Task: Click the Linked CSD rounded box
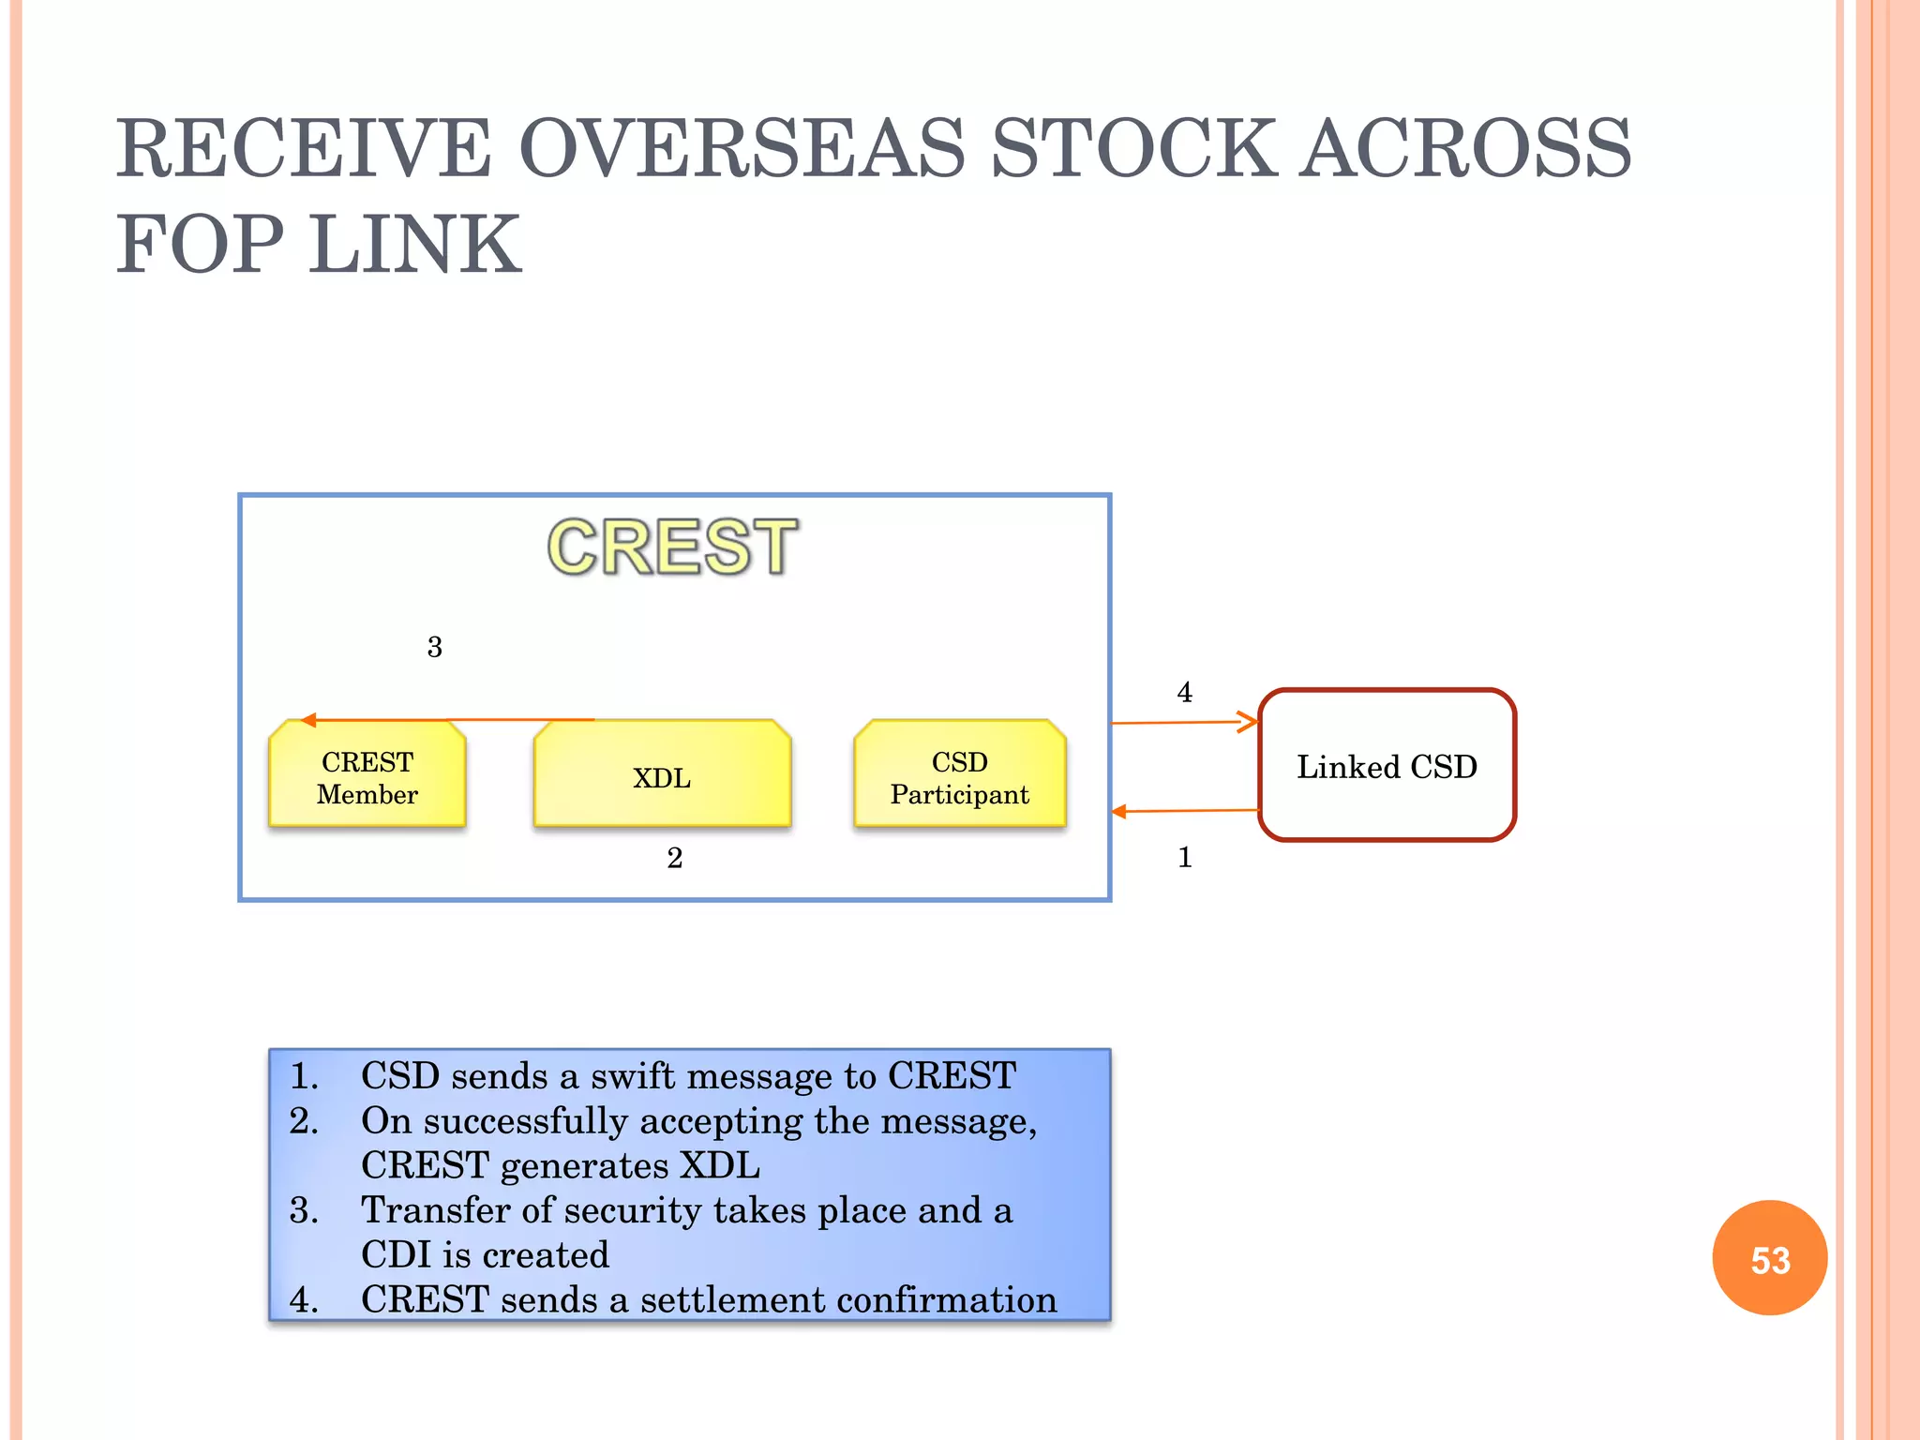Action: [1387, 766]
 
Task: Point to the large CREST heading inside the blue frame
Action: [672, 547]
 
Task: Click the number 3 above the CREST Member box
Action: [434, 647]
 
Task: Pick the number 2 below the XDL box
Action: [674, 858]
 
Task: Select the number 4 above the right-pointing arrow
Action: [1184, 692]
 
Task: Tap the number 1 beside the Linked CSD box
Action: [1184, 857]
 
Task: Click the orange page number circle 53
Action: [1769, 1259]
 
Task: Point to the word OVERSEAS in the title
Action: [742, 150]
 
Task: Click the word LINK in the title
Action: [415, 246]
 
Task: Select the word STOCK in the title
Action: [1132, 150]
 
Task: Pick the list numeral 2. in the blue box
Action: [304, 1121]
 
